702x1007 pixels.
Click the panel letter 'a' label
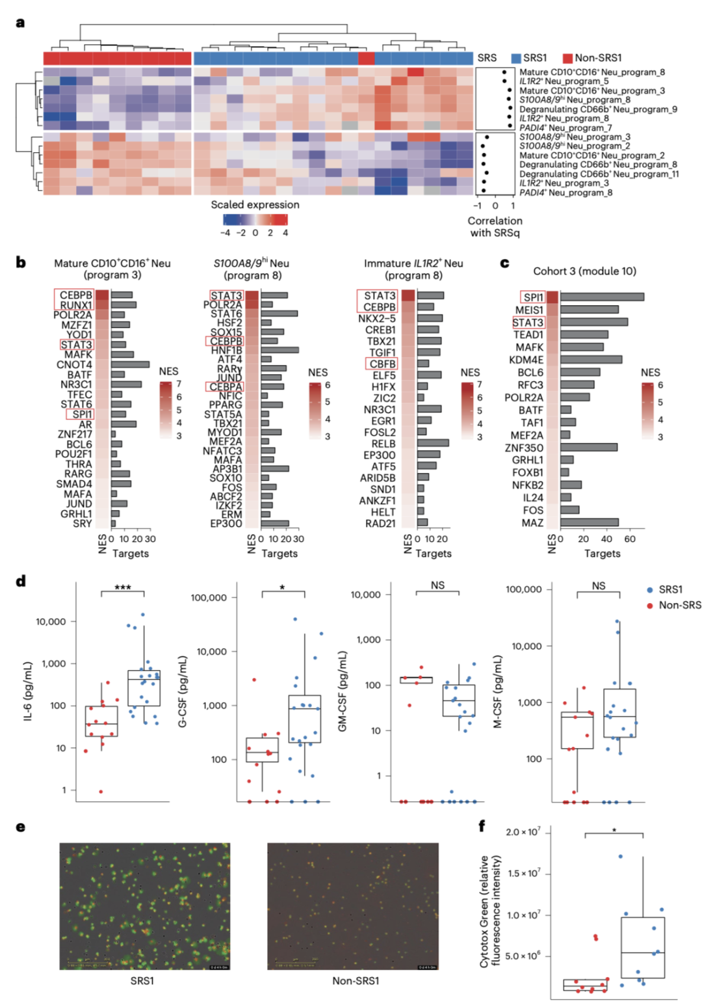21,23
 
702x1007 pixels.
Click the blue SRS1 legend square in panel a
517,58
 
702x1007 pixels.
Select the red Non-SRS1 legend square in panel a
567,58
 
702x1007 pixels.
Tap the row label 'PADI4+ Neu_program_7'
565,128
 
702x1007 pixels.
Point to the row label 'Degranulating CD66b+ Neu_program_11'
599,174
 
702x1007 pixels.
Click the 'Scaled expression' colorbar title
255,205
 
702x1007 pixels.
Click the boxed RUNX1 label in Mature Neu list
75,305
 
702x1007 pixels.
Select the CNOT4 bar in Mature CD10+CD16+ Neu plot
130,365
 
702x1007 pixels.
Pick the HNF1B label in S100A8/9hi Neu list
226,351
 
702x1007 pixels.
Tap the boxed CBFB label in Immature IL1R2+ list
382,364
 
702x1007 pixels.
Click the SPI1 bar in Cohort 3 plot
602,297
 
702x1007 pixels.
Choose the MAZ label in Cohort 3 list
532,522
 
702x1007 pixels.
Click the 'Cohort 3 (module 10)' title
584,271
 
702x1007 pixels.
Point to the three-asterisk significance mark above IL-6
122,588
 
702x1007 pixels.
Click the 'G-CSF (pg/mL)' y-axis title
183,691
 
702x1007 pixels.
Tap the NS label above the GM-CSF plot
437,585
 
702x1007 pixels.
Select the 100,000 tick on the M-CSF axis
523,589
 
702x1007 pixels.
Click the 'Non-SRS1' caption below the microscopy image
356,980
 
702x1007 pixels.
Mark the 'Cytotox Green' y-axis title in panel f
489,911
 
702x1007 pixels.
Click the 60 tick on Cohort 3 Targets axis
629,539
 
